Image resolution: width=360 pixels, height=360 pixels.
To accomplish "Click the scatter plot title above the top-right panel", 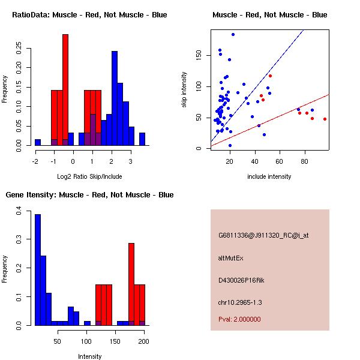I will pos(270,15).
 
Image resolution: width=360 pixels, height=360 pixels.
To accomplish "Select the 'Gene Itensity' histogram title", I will pos(89,195).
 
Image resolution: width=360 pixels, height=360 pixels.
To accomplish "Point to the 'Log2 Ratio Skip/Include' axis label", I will pos(90,176).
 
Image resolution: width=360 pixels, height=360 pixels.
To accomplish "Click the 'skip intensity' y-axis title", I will pos(184,90).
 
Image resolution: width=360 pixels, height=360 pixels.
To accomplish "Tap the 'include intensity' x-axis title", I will pos(269,176).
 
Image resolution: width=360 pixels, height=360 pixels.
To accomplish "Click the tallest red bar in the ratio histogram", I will pos(65,90).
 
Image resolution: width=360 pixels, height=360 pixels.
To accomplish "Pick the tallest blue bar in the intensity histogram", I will pos(38,270).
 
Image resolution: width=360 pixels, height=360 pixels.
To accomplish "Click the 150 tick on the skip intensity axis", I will pos(194,56).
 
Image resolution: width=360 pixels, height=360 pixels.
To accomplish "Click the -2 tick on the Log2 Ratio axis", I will pos(35,161).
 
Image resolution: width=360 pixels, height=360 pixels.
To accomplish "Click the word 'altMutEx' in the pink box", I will pos(232,258).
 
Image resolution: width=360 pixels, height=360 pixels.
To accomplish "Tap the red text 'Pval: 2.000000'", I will pos(239,319).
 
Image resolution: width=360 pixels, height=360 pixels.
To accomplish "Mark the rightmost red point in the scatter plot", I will pos(325,119).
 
